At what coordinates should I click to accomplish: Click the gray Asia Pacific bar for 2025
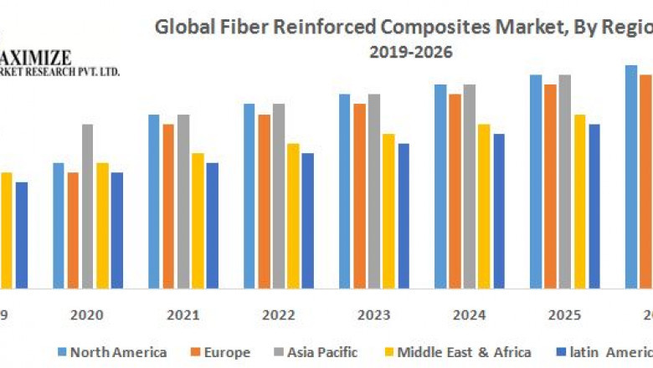point(565,180)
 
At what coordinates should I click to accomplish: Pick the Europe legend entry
point(221,352)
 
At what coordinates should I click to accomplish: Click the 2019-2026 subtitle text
point(411,52)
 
